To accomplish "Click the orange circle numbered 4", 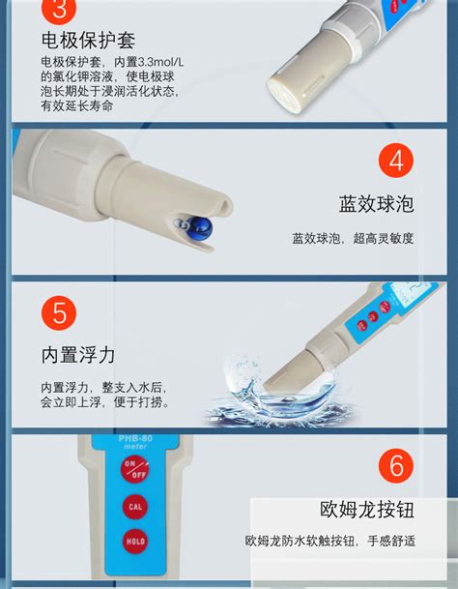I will click(395, 161).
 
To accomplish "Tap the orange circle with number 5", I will click(60, 314).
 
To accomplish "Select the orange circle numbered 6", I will click(395, 466).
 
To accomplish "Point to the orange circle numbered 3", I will click(60, 12).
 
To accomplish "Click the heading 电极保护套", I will click(88, 41).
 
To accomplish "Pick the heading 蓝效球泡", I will click(376, 204).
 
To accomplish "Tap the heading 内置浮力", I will click(77, 355).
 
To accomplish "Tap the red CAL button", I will click(134, 506).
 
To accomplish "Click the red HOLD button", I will click(134, 542).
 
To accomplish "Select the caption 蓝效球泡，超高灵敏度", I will click(353, 238).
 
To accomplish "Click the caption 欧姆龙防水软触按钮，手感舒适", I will click(330, 541).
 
